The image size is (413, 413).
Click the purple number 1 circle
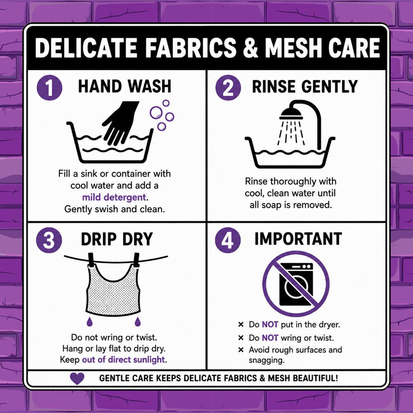50,88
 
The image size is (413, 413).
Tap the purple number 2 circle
228,88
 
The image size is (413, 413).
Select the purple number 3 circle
49,240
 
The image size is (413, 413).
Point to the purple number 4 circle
228,240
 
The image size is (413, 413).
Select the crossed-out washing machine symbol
296,284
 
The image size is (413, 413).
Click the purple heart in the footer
77,378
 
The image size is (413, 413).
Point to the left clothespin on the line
91,260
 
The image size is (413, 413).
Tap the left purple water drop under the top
90,322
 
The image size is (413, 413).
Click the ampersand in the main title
251,47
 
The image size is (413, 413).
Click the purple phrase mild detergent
114,197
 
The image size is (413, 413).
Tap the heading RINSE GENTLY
305,86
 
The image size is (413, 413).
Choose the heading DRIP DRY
117,239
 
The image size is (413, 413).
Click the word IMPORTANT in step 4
298,239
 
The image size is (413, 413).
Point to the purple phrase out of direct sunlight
123,360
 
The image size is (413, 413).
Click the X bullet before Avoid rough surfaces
241,350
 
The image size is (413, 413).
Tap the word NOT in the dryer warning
270,325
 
